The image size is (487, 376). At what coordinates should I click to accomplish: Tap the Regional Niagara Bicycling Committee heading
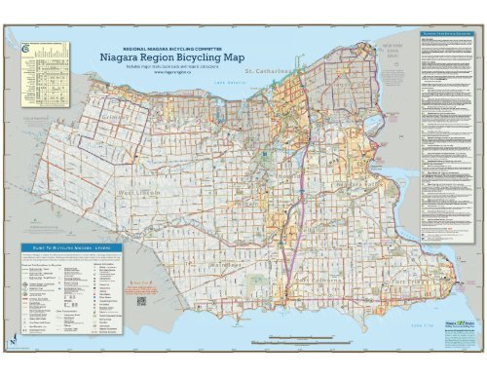(171, 45)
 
